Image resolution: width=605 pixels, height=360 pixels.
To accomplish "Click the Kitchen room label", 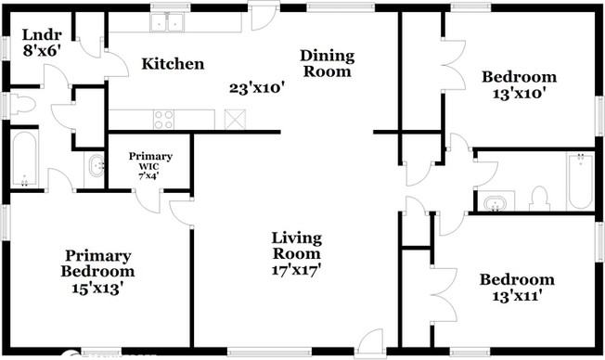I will pyautogui.click(x=172, y=64).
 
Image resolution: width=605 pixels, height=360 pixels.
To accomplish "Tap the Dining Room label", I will pyautogui.click(x=326, y=63).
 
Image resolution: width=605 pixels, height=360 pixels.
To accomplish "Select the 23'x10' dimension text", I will pyautogui.click(x=256, y=89).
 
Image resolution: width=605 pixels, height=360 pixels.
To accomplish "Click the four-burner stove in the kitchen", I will pyautogui.click(x=164, y=119).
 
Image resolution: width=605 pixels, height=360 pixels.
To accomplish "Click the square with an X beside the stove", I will pyautogui.click(x=233, y=119).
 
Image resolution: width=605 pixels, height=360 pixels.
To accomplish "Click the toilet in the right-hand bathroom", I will pyautogui.click(x=538, y=198).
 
